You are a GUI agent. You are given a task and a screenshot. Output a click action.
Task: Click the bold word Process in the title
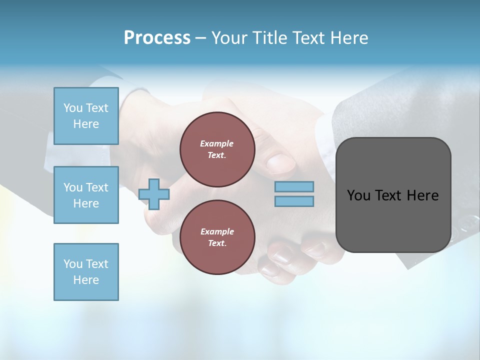tap(157, 38)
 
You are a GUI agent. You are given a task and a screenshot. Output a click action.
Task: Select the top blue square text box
tap(86, 116)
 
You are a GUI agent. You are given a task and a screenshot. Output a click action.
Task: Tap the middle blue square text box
tap(86, 195)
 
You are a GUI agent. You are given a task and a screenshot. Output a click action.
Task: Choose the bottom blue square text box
tap(86, 272)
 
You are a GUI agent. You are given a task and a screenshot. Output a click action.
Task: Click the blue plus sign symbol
tap(154, 194)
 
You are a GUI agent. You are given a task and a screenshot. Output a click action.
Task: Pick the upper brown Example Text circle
tap(217, 149)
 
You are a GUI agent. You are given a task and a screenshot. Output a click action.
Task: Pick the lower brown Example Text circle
tap(217, 237)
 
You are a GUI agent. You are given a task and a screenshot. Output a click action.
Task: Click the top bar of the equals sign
tap(294, 186)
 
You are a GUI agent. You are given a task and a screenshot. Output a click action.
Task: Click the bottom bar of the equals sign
tap(294, 201)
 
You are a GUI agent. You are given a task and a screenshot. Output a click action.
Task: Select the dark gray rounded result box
tap(393, 195)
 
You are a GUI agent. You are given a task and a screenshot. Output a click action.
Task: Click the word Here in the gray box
tap(422, 195)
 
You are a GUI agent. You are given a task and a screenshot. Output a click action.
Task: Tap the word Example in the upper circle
tap(217, 143)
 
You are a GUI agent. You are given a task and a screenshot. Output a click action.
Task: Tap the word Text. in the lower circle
tap(217, 243)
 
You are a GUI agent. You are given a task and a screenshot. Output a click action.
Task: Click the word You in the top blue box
tap(73, 108)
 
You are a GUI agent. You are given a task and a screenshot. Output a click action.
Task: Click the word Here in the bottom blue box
tap(86, 280)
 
